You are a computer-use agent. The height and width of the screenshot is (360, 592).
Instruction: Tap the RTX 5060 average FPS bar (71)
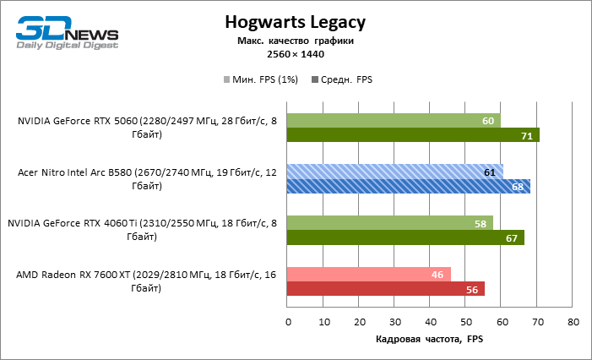(413, 135)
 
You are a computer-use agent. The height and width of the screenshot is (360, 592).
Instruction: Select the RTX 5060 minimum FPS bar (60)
(394, 121)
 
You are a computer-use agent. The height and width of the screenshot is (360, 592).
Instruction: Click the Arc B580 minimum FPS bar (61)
(395, 172)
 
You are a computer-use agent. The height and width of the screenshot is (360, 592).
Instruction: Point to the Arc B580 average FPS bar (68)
(408, 187)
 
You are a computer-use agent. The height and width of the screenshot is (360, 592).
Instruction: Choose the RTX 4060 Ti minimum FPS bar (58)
(390, 223)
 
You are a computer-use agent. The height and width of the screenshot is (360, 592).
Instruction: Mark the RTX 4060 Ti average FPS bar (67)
(406, 237)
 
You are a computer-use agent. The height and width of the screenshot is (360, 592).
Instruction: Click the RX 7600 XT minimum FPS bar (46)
(369, 275)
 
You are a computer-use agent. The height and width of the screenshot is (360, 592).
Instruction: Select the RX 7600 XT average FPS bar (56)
(386, 289)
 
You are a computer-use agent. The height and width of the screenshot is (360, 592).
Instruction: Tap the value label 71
(526, 135)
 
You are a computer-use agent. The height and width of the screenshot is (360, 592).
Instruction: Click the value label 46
(437, 275)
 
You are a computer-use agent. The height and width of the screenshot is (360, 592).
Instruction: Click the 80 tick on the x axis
(573, 322)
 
